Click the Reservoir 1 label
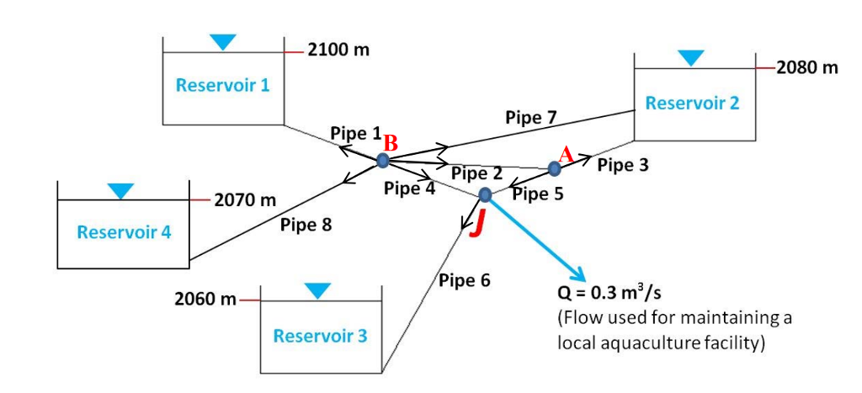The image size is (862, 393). click(x=222, y=85)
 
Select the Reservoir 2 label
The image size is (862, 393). click(x=692, y=103)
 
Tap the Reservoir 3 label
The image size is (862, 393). click(x=320, y=336)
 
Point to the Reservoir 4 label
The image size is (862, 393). click(x=124, y=231)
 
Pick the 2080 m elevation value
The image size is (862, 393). click(x=807, y=67)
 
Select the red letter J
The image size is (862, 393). click(x=477, y=224)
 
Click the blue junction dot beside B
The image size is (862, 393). click(x=383, y=160)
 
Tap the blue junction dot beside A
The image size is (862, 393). click(x=554, y=168)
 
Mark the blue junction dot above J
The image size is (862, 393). click(x=485, y=195)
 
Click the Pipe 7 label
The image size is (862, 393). click(x=530, y=117)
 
